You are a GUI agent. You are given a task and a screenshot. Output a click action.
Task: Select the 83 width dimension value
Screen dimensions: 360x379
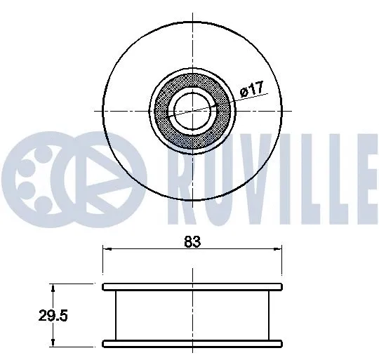[x=192, y=242]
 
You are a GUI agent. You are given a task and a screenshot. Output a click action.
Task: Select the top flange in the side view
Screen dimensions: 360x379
[x=192, y=286]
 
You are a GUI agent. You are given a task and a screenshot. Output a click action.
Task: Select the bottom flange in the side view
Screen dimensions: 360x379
[x=192, y=343]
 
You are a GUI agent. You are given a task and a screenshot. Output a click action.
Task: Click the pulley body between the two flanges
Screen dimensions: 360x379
[x=192, y=315]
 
